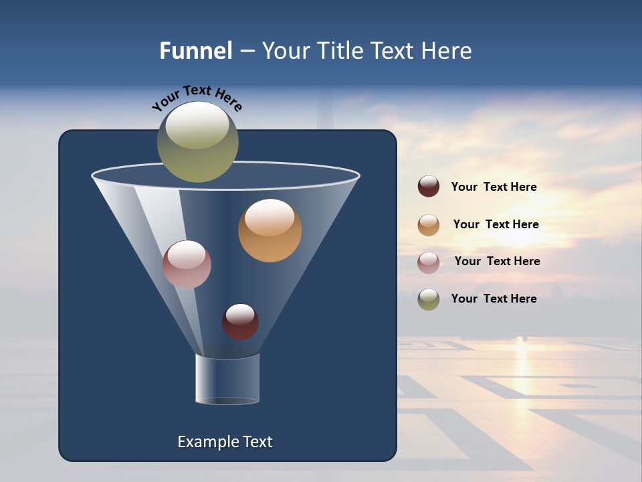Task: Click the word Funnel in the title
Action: point(195,51)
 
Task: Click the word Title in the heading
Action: point(338,51)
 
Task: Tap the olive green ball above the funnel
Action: point(198,142)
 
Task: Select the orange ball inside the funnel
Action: point(270,230)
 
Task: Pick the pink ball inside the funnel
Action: point(187,264)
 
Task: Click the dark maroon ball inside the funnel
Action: point(240,321)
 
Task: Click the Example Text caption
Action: point(225,442)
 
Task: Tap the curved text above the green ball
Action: point(197,98)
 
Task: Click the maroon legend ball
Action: point(429,187)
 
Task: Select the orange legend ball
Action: point(429,225)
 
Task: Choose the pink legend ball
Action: point(429,262)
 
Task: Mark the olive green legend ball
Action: point(429,299)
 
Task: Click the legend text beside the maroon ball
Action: point(494,187)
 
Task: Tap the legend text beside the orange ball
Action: point(496,224)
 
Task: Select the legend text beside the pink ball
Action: point(497,261)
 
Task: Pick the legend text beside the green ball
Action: point(494,299)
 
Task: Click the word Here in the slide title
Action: point(447,51)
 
